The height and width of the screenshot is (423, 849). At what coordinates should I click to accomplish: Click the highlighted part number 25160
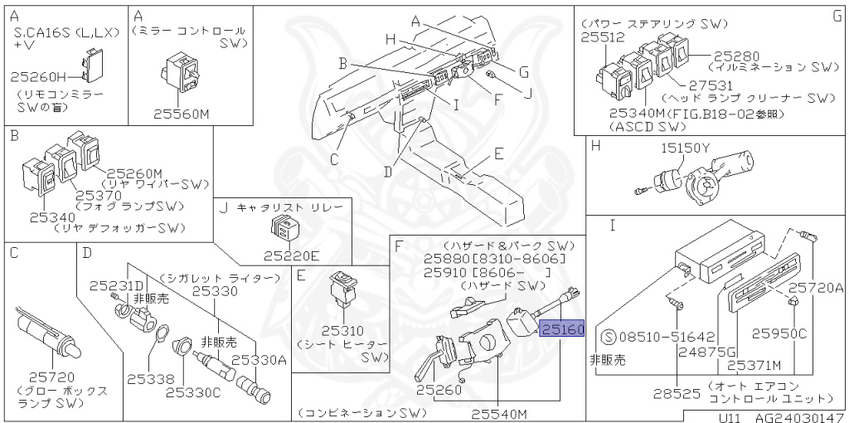563,329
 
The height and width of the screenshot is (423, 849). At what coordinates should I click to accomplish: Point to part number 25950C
779,334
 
